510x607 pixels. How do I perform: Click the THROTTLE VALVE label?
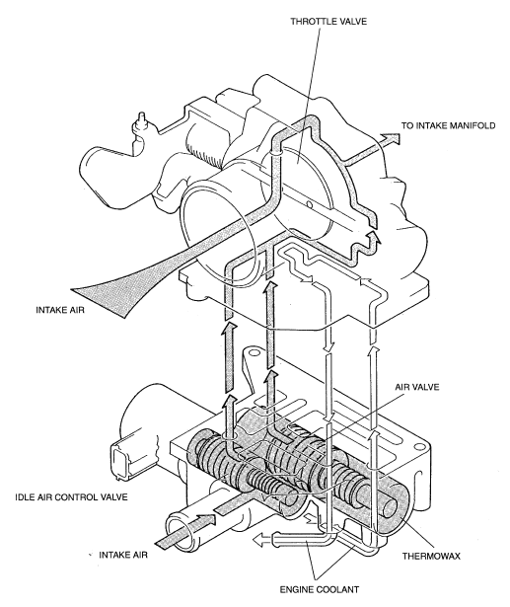(x=328, y=22)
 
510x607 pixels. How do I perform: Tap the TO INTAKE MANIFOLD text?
(x=448, y=125)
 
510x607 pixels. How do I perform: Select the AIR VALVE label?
(x=416, y=387)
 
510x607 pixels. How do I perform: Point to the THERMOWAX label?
(x=431, y=556)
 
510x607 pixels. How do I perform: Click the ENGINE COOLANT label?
(x=320, y=589)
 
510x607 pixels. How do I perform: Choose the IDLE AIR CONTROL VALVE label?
(x=71, y=496)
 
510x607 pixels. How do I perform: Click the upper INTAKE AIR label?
(x=60, y=310)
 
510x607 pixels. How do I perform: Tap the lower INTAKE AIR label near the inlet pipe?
(x=123, y=555)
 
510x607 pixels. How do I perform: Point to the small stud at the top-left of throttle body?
(x=140, y=124)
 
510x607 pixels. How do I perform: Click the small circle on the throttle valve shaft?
(x=309, y=204)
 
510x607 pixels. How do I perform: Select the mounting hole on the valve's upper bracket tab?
(x=254, y=352)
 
